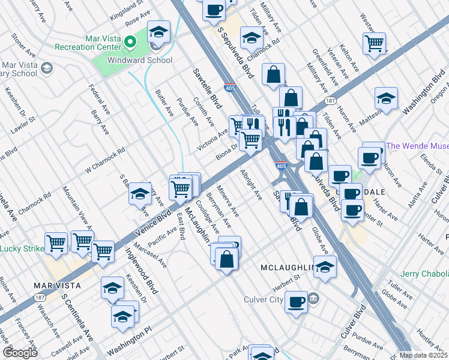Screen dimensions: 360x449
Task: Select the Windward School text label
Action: coord(140,60)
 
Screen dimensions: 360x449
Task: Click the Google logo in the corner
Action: coord(20,353)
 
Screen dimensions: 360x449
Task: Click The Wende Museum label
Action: coord(417,146)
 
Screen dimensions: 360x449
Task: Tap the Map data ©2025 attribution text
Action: coord(423,355)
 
